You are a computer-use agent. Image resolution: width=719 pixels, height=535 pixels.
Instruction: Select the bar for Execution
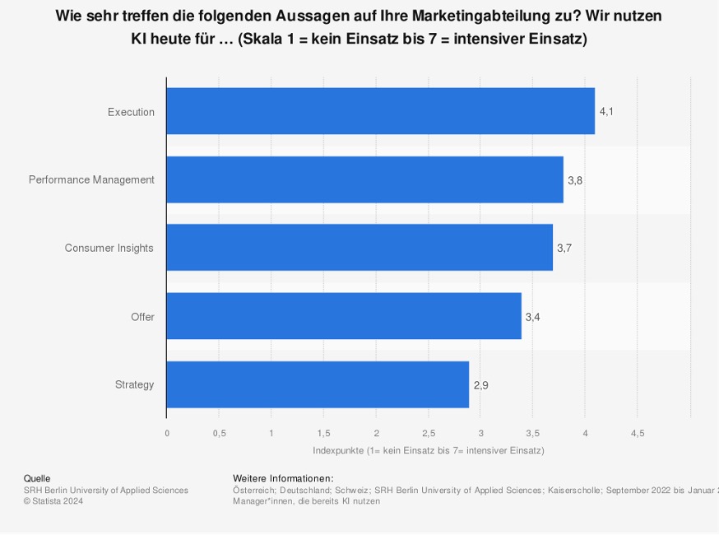(380, 111)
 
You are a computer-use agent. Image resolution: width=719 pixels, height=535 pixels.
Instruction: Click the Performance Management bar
(364, 179)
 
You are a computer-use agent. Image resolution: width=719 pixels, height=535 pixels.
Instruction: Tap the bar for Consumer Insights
(359, 248)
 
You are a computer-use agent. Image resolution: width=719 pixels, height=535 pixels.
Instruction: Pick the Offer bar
(344, 316)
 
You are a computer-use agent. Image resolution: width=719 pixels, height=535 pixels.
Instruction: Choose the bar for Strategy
(318, 384)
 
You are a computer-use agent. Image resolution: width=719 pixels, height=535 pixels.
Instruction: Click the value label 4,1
(606, 111)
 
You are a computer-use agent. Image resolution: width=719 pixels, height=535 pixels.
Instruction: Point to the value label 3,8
(575, 179)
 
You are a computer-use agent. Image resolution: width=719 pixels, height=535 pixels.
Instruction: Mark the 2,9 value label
(480, 384)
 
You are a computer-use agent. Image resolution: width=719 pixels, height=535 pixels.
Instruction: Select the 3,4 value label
(532, 316)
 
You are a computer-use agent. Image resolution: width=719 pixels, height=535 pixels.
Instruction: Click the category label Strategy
(134, 384)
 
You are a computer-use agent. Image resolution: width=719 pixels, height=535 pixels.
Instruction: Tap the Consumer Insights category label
(109, 248)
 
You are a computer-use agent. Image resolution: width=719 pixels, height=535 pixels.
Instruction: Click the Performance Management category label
(91, 179)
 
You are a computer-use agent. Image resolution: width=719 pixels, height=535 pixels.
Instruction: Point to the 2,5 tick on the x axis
(429, 433)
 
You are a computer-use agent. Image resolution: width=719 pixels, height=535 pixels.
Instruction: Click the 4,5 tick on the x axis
(638, 433)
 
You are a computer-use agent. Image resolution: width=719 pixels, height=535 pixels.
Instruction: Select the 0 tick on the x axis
(167, 433)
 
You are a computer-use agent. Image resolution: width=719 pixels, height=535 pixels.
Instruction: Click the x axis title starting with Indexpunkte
(428, 450)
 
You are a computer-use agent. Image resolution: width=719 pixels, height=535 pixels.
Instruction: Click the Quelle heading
(37, 478)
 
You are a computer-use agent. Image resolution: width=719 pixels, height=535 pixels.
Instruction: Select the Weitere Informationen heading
(283, 478)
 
